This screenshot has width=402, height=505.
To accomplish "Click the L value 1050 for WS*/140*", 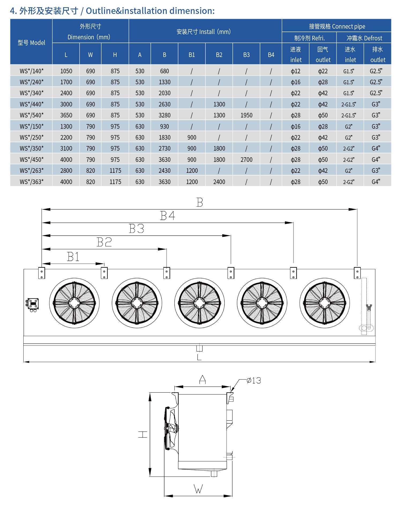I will pos(66,71).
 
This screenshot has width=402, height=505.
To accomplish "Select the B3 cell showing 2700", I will pos(246,160).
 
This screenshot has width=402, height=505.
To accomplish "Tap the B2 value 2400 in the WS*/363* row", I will pos(219,182).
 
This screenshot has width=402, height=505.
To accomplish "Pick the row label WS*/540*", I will pos(32,115).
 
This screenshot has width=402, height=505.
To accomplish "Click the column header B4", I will pos(271,55).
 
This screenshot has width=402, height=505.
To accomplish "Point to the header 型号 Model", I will pos(31,43).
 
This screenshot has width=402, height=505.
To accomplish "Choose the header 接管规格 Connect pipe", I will pos(337,26).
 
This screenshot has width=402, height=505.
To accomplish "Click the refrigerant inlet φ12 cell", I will pos(296,71).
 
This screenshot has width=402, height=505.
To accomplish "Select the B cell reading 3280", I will pos(164,115).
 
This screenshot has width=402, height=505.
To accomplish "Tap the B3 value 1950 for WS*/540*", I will pos(246,115).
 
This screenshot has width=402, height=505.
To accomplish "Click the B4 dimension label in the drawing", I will pos(168,216).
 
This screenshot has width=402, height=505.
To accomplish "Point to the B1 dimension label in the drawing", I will pos(73,257).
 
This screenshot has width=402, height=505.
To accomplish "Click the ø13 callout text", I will pos(254,380).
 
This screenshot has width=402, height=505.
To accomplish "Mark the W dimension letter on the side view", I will pos(198,489).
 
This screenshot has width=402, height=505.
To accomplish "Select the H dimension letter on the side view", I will pos(143,434).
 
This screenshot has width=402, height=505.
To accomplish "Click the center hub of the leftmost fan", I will pos(74,303).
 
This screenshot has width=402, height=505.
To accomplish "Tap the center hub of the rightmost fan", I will pos(325,303).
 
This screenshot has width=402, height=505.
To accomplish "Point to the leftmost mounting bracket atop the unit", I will pos(42,273).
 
